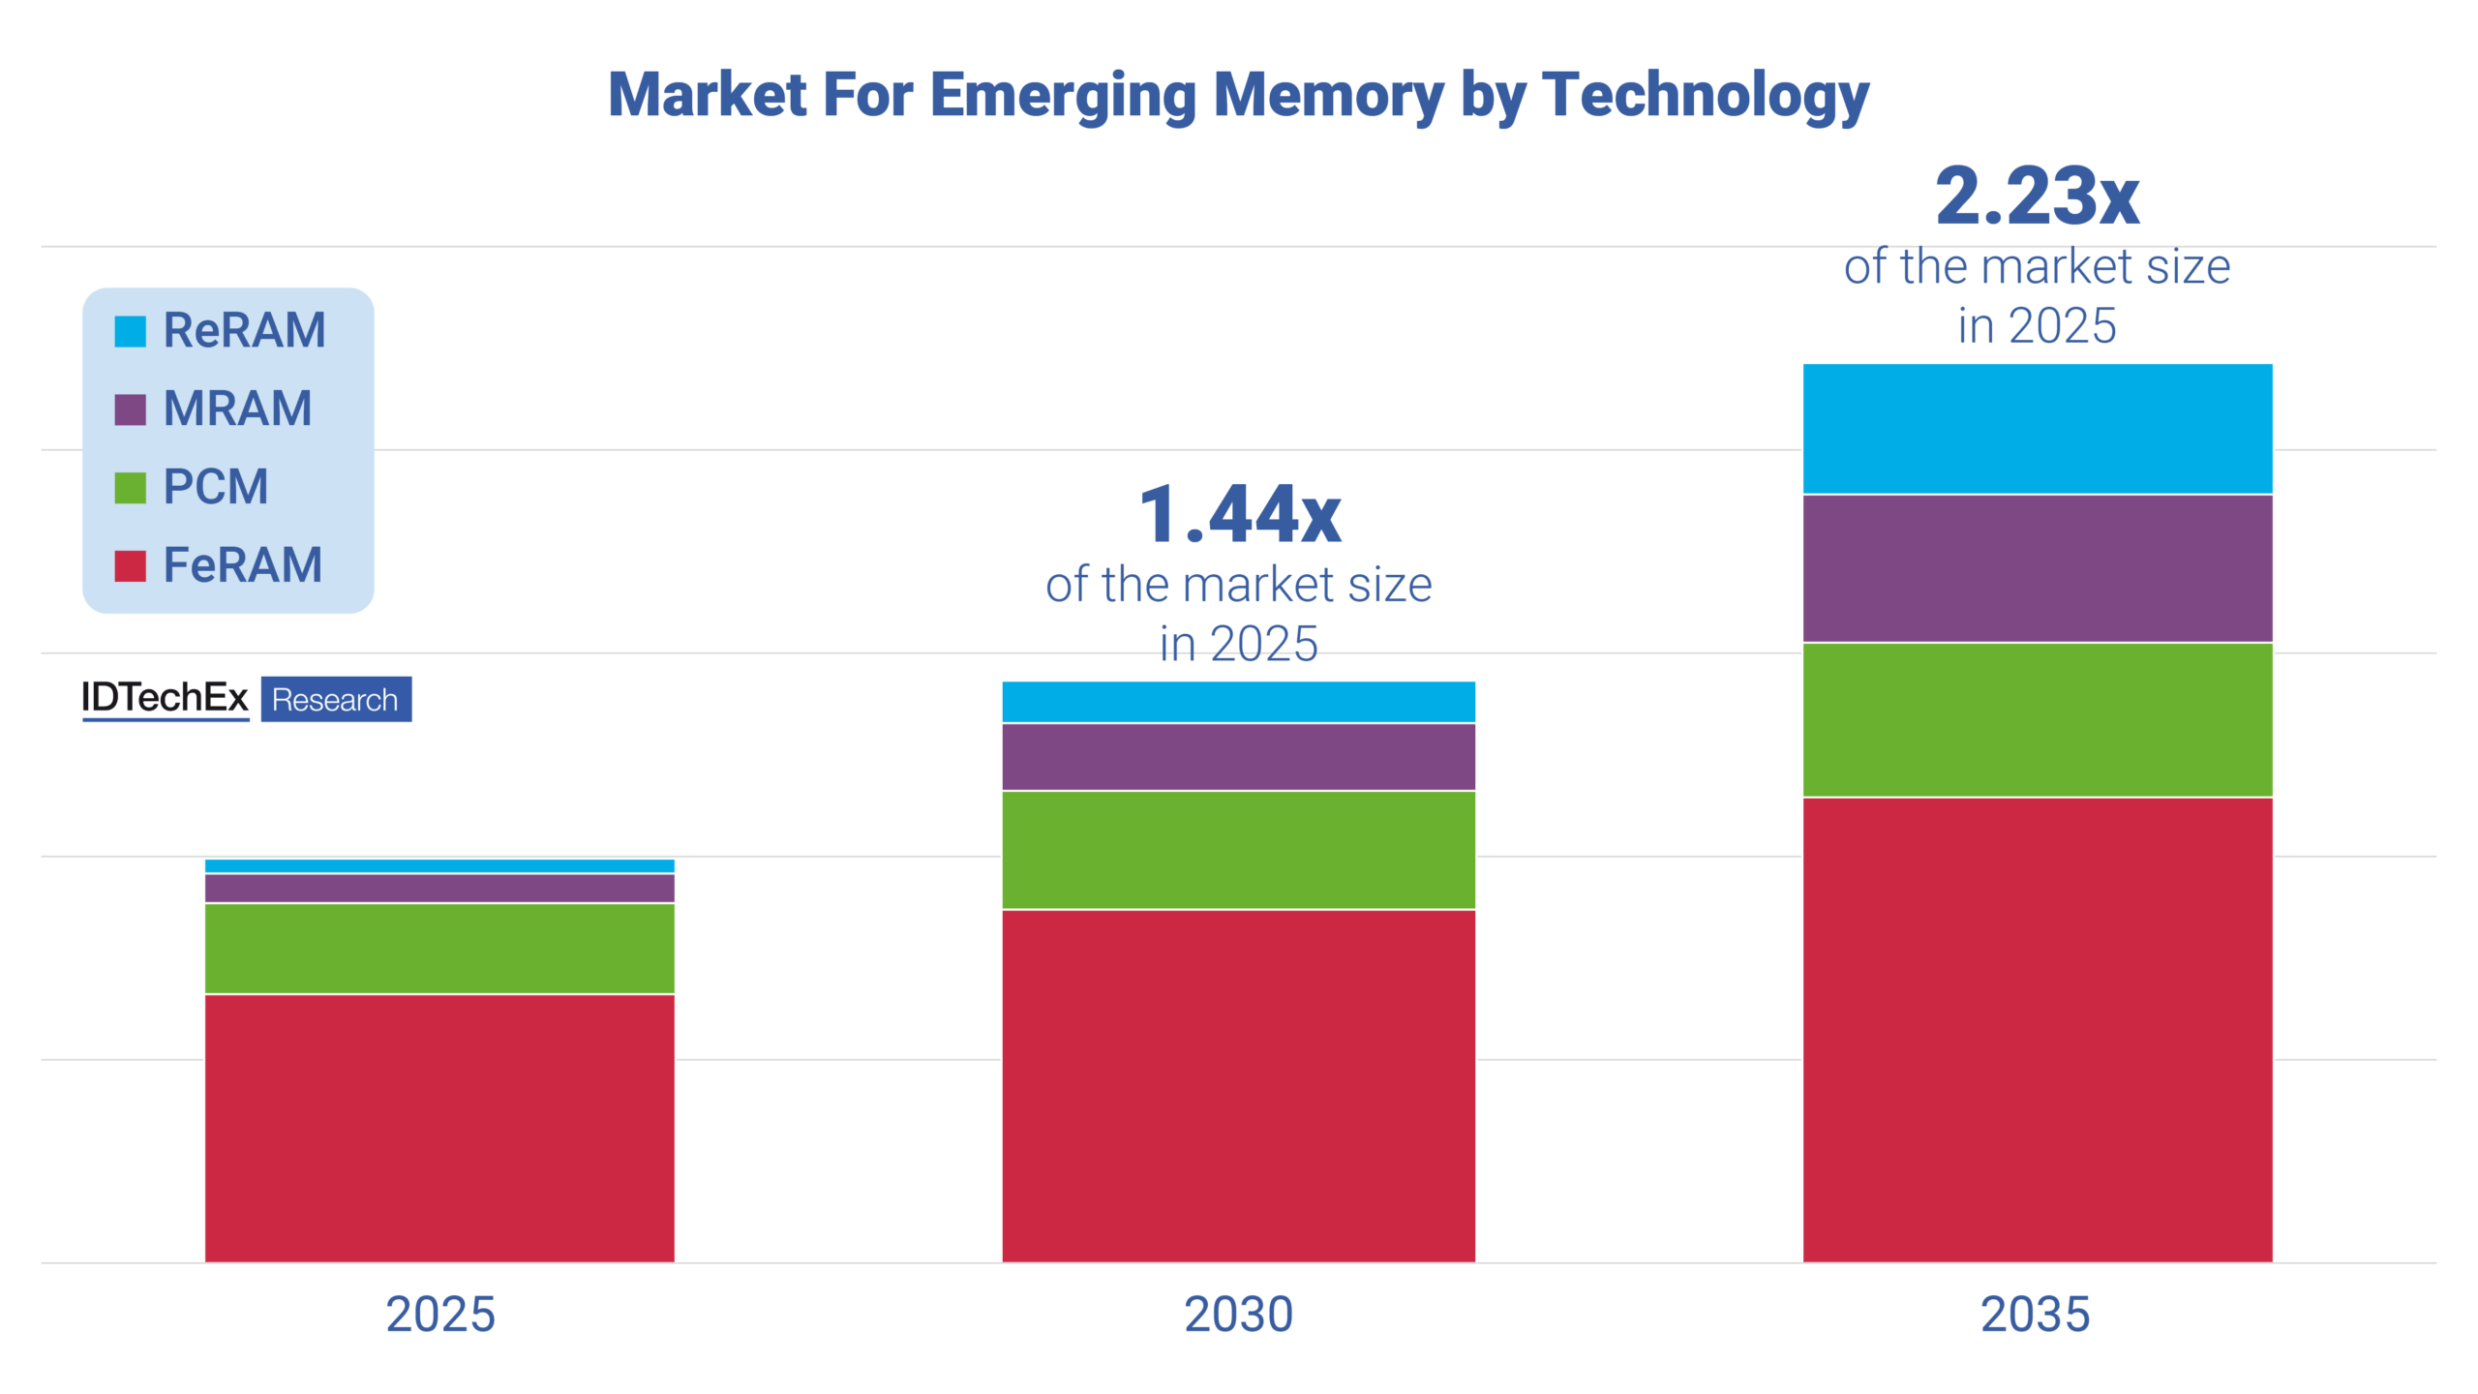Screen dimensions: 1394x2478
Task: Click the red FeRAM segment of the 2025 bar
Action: [x=439, y=1128]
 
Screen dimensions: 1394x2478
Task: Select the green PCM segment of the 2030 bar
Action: [x=1238, y=850]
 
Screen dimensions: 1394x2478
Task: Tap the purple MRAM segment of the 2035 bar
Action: [x=2037, y=568]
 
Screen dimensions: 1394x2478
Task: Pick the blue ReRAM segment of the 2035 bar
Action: [x=2037, y=429]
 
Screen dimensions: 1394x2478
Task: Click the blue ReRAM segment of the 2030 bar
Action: [x=1238, y=702]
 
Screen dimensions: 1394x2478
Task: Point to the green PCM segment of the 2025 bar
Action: [x=439, y=948]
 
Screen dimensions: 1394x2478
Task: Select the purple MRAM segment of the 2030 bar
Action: [x=1238, y=757]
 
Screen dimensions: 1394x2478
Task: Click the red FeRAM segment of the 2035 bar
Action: [x=2037, y=1029]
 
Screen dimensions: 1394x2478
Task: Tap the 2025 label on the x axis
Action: [x=439, y=1315]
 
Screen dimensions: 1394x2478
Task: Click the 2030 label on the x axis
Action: [x=1238, y=1315]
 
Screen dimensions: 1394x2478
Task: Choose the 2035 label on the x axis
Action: [x=2035, y=1315]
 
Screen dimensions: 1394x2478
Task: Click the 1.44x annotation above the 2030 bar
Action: [x=1239, y=514]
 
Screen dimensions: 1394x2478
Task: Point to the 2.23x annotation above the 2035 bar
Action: [x=2037, y=197]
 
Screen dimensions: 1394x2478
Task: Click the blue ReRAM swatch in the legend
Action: [x=130, y=331]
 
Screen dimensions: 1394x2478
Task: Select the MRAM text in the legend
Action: [x=237, y=409]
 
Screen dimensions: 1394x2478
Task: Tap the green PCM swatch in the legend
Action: [x=130, y=488]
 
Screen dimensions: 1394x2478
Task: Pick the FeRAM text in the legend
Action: [x=242, y=565]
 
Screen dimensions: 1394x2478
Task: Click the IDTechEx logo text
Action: [x=165, y=698]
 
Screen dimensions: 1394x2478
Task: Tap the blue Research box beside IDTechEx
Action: [x=336, y=699]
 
